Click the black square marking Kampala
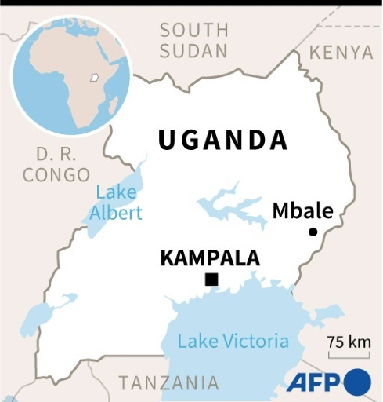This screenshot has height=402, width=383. tap(211, 280)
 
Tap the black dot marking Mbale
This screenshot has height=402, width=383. tap(313, 232)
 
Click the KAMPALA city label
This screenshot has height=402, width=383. tap(209, 258)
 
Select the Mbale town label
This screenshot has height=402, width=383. tap(302, 210)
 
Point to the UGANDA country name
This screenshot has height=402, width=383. tap(222, 141)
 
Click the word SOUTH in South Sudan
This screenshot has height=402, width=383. tap(193, 31)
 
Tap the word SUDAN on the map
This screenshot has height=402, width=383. tap(193, 51)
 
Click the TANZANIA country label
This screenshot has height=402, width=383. tap(168, 383)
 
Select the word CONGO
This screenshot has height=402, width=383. tap(56, 174)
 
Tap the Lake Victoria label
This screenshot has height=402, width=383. tap(233, 342)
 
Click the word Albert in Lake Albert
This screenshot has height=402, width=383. tap(115, 213)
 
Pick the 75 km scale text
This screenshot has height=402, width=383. tap(349, 342)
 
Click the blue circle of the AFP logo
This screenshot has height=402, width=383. tap(357, 382)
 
